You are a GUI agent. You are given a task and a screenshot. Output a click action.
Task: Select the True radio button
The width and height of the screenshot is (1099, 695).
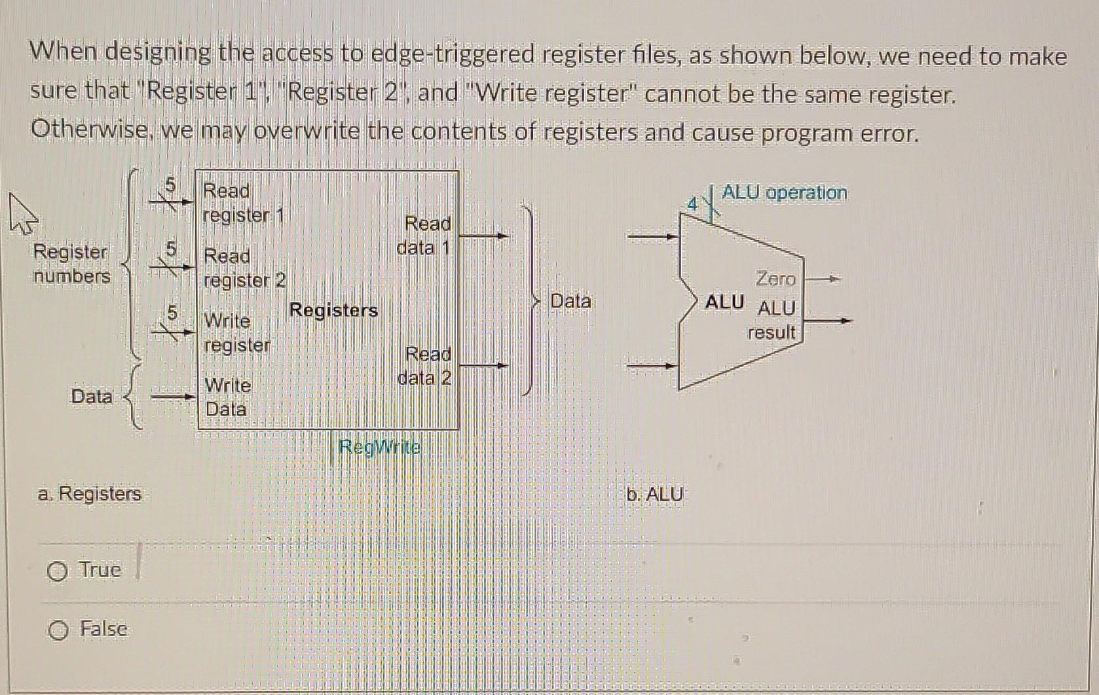(58, 572)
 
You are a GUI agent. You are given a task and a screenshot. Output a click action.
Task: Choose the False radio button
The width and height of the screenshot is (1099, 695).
(58, 630)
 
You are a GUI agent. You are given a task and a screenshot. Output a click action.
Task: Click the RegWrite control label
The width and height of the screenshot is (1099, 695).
(380, 448)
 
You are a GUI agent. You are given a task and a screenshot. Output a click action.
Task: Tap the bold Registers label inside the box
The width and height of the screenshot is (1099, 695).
(333, 310)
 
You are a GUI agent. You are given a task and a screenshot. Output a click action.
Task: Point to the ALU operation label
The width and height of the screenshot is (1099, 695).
(784, 192)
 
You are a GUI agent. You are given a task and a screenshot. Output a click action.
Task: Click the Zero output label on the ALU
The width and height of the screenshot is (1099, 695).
(775, 279)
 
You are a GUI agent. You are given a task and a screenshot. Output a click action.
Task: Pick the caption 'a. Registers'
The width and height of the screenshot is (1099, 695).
(90, 493)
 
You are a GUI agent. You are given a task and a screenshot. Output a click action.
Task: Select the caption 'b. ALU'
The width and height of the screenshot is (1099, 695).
(654, 494)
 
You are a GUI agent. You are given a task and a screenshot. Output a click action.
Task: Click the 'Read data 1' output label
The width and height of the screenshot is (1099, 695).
(425, 236)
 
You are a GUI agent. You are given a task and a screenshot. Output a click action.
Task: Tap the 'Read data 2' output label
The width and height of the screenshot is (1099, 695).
(426, 366)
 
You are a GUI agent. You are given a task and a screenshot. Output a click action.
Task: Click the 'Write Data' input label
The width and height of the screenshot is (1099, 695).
(227, 397)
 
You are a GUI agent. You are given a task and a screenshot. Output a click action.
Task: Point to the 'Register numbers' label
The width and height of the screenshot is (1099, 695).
(71, 264)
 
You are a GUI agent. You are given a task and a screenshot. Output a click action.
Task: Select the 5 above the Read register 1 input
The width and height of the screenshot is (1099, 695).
(170, 186)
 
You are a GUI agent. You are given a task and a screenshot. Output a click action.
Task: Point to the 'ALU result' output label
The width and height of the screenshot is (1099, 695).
(773, 320)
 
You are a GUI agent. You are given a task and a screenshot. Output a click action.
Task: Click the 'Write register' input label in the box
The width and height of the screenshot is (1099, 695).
(237, 332)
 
